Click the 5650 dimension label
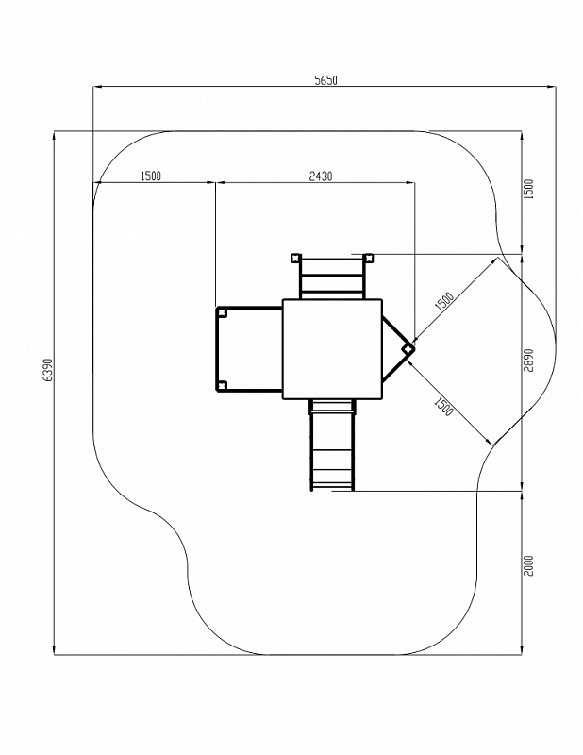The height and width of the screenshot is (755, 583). click(x=325, y=80)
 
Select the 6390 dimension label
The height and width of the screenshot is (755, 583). click(x=47, y=370)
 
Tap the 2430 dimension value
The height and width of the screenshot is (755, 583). click(x=320, y=176)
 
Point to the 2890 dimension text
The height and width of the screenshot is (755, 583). click(x=528, y=361)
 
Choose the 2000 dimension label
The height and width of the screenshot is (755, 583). click(x=528, y=565)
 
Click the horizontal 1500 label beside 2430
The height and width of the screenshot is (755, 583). click(x=151, y=176)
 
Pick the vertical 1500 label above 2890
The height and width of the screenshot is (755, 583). click(x=528, y=190)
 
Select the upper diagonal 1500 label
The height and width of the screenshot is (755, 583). click(x=444, y=301)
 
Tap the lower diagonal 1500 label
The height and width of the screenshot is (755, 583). click(x=443, y=407)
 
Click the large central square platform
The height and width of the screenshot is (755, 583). click(x=332, y=349)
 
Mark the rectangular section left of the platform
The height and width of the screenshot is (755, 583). click(x=249, y=349)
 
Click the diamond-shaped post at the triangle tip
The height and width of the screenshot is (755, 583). click(x=408, y=348)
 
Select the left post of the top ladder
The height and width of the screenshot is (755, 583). click(x=295, y=258)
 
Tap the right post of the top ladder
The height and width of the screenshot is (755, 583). click(x=369, y=258)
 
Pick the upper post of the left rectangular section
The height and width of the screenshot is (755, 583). click(x=222, y=312)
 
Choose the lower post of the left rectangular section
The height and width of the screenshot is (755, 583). click(x=222, y=385)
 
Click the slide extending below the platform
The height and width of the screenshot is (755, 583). click(x=332, y=445)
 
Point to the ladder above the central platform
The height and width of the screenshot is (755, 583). click(x=332, y=278)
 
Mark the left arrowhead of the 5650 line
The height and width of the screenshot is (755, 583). click(x=97, y=87)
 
